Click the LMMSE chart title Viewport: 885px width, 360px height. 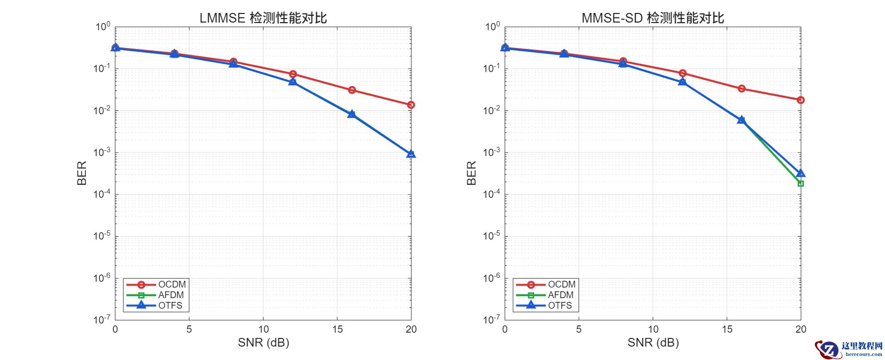pyautogui.click(x=263, y=18)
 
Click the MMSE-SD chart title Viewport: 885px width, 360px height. pyautogui.click(x=653, y=18)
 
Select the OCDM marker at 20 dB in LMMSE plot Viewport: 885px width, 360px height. pyautogui.click(x=411, y=105)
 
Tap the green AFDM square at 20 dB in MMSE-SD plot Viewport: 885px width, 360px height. pyautogui.click(x=801, y=183)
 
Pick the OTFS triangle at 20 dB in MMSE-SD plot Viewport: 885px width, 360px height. pyautogui.click(x=801, y=173)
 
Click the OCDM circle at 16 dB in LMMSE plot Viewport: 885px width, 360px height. pyautogui.click(x=352, y=90)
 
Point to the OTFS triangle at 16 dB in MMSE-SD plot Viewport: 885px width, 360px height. pyautogui.click(x=741, y=120)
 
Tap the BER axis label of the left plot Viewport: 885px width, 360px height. pyautogui.click(x=82, y=173)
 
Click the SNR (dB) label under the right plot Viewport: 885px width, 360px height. pyautogui.click(x=653, y=342)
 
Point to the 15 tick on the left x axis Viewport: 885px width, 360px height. pyautogui.click(x=337, y=329)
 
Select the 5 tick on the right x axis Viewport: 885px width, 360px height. pyautogui.click(x=579, y=329)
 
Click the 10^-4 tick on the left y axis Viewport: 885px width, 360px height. pyautogui.click(x=102, y=193)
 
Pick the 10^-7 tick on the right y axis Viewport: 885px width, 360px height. pyautogui.click(x=491, y=319)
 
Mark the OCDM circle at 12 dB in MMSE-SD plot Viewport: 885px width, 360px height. pyautogui.click(x=682, y=73)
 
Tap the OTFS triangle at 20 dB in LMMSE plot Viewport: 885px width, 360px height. pyautogui.click(x=411, y=154)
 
